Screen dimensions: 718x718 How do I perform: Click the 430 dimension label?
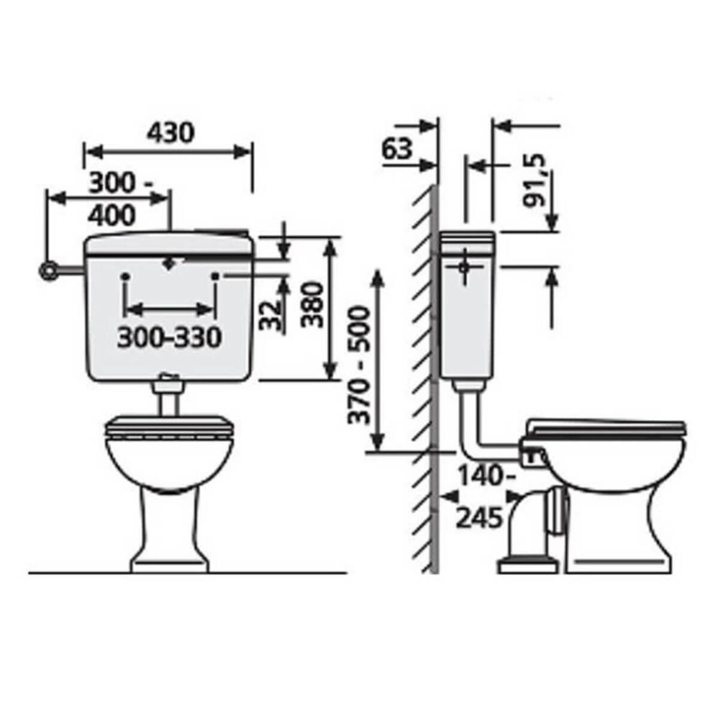pos(171,133)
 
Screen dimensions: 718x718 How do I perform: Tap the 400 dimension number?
pos(112,215)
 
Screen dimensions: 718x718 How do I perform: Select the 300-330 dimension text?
pos(169,338)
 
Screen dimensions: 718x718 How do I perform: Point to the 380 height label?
pos(312,305)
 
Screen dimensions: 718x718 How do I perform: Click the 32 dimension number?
pos(270,315)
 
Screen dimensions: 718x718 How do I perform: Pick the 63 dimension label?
pos(397,149)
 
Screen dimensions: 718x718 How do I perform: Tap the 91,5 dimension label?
pos(534,181)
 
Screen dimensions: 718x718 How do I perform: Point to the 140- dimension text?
pos(486,476)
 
